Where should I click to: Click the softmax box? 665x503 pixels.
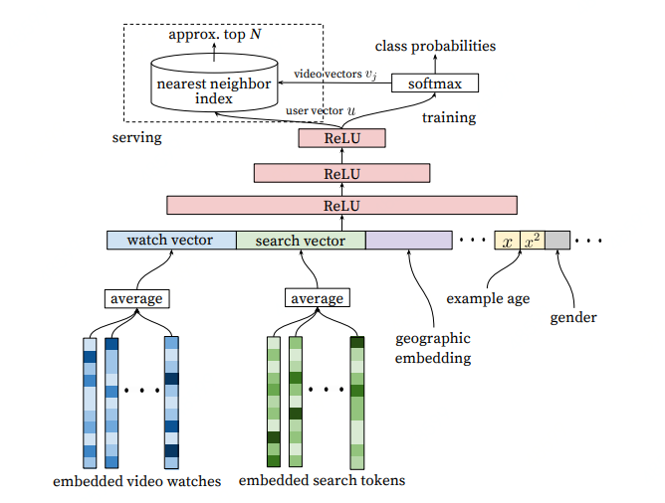435,84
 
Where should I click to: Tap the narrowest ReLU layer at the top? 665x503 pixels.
341,138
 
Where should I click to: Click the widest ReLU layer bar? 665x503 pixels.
341,206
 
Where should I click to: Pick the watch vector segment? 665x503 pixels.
170,241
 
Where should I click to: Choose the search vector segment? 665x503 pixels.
300,241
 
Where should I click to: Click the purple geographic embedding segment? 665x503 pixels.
408,241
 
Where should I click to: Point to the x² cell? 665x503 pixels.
532,241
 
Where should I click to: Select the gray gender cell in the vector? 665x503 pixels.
557,241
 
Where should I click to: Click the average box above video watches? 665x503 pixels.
135,298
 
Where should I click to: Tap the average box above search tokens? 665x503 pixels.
318,298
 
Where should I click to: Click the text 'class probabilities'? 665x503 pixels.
435,46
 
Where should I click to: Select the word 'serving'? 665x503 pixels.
136,137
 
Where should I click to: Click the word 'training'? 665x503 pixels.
449,117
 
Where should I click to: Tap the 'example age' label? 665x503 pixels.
487,297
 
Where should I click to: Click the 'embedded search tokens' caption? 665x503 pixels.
323,482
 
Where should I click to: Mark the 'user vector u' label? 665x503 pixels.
321,110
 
